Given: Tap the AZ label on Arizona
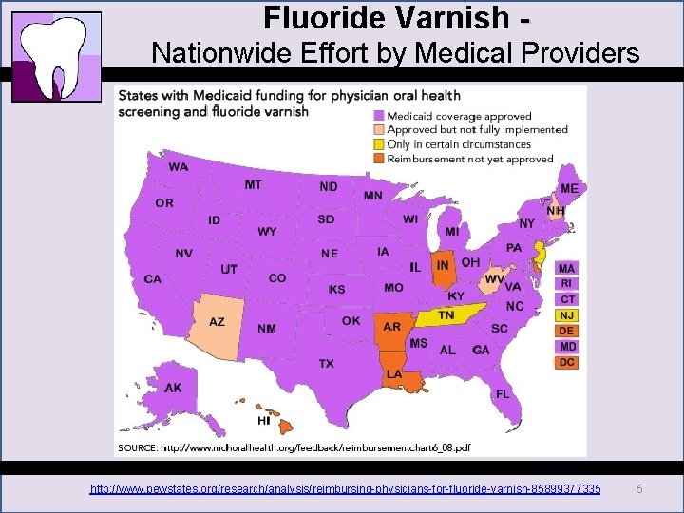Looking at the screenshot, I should [218, 322].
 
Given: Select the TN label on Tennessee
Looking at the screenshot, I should [446, 315].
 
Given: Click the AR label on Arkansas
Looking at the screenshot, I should [390, 327].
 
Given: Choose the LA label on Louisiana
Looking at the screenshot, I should [393, 374].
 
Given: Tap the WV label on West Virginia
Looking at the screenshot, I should [493, 279].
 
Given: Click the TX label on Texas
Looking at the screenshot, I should [326, 364].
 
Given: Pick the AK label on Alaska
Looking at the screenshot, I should [173, 388].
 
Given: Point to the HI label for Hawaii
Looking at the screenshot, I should [263, 420].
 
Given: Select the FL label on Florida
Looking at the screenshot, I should [503, 393].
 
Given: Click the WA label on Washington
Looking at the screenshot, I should [179, 167].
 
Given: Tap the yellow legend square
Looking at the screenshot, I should [379, 144].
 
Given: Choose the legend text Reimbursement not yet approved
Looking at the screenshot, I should [463, 159].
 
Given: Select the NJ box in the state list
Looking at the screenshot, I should [566, 315].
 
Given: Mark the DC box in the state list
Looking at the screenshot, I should [566, 362].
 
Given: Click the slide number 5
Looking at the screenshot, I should [640, 488].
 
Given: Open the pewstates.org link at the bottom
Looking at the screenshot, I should [345, 488].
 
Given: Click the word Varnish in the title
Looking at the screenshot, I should [449, 17].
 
